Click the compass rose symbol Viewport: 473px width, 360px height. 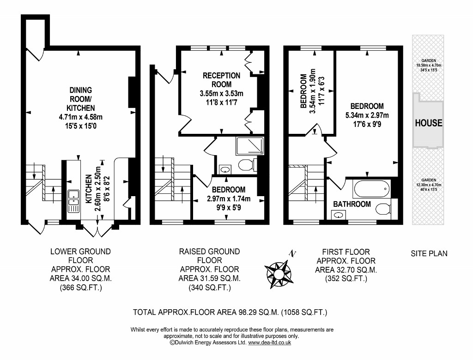[x=278, y=272]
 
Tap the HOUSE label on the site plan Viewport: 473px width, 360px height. [x=428, y=123]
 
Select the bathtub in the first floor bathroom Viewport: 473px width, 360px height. [x=372, y=188]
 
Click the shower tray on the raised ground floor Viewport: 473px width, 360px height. [x=249, y=145]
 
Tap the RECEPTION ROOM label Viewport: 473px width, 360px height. [x=222, y=80]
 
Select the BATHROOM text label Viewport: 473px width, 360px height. [x=352, y=204]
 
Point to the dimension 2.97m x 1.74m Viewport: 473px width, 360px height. [x=229, y=199]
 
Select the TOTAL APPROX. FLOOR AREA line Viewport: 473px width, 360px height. [x=230, y=312]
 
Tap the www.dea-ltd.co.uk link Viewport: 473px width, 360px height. [x=269, y=342]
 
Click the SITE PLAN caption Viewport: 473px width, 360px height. [x=429, y=254]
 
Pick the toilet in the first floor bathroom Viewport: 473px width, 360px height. [x=382, y=210]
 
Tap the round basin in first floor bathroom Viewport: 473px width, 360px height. [x=339, y=215]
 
